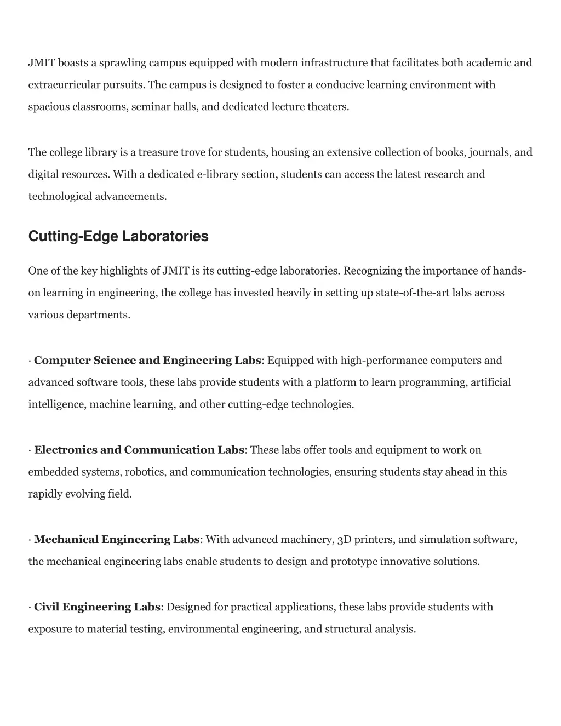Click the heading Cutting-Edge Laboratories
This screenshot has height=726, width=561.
coord(118,236)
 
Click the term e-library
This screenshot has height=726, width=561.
coord(217,174)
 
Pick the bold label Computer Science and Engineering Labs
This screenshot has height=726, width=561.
coord(147,361)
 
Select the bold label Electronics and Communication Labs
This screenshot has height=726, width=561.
coord(139,450)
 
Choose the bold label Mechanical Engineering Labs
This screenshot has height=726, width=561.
coord(117,540)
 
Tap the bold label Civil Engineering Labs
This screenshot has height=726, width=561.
coord(97,607)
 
